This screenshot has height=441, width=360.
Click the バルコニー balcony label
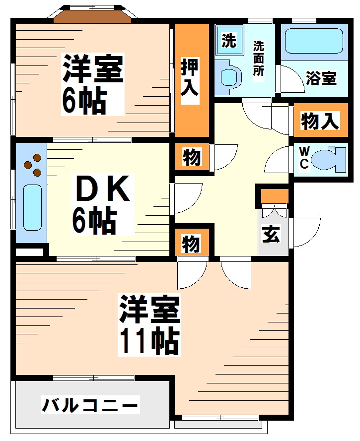89,406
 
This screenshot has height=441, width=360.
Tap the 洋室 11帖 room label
148,325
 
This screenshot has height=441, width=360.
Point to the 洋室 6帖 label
92,84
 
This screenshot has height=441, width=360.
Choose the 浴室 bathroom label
321,78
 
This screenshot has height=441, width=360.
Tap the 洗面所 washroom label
259,58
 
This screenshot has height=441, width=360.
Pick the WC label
304,158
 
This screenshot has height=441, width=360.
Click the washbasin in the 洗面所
228,76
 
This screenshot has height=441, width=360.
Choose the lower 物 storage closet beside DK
192,244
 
